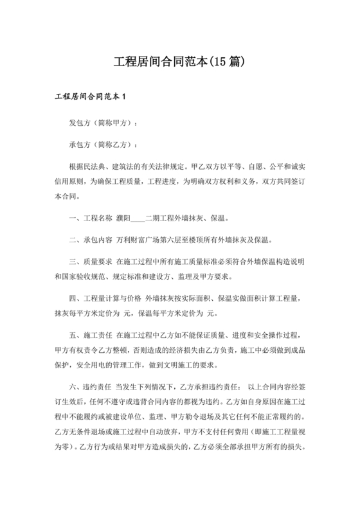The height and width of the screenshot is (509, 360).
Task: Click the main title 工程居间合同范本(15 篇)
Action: [180, 62]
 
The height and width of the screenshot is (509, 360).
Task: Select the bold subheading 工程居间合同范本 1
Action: [90, 97]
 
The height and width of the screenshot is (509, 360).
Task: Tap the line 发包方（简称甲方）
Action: [103, 121]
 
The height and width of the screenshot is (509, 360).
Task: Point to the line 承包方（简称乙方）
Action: [103, 145]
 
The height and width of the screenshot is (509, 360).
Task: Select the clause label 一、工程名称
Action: [91, 218]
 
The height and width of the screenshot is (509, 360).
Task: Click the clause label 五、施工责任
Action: [91, 338]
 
